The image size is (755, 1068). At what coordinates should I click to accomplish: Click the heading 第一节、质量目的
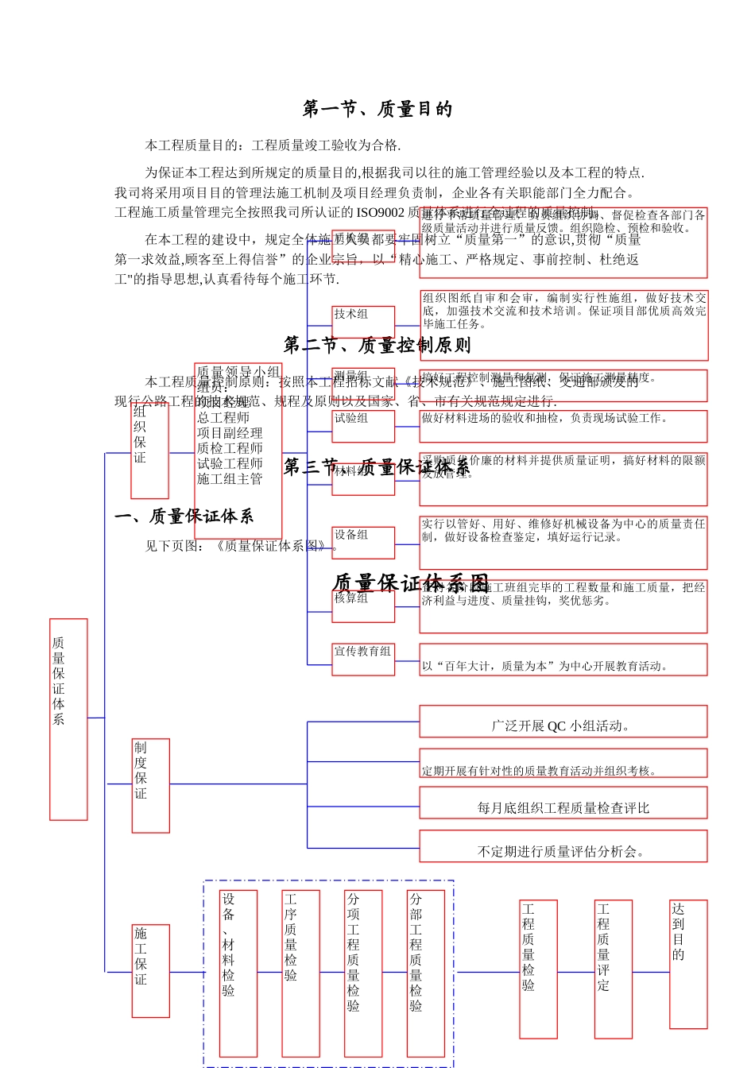click(x=377, y=109)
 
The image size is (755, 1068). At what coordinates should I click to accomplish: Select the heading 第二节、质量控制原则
click(x=377, y=345)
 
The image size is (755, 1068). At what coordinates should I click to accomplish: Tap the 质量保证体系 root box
click(x=68, y=718)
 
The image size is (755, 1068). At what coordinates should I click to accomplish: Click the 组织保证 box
click(x=150, y=450)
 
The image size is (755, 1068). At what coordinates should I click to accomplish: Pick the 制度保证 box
click(x=150, y=784)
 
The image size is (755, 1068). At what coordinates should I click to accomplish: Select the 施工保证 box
click(x=150, y=970)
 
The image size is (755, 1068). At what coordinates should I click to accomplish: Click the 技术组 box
click(x=363, y=322)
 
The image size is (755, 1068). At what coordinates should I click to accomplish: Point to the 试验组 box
click(x=363, y=426)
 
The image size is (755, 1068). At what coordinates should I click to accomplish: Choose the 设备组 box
click(x=363, y=542)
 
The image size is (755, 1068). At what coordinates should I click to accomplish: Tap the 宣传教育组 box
click(x=363, y=660)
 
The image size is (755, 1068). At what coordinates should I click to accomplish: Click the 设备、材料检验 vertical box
click(x=238, y=973)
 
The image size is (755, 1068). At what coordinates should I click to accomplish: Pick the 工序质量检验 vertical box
click(x=300, y=973)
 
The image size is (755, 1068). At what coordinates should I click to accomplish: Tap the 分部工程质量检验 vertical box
click(x=425, y=973)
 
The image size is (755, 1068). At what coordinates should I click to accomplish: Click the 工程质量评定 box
click(x=613, y=969)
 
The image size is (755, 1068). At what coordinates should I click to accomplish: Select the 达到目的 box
click(x=688, y=963)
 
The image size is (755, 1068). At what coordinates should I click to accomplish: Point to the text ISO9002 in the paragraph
click(x=381, y=212)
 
